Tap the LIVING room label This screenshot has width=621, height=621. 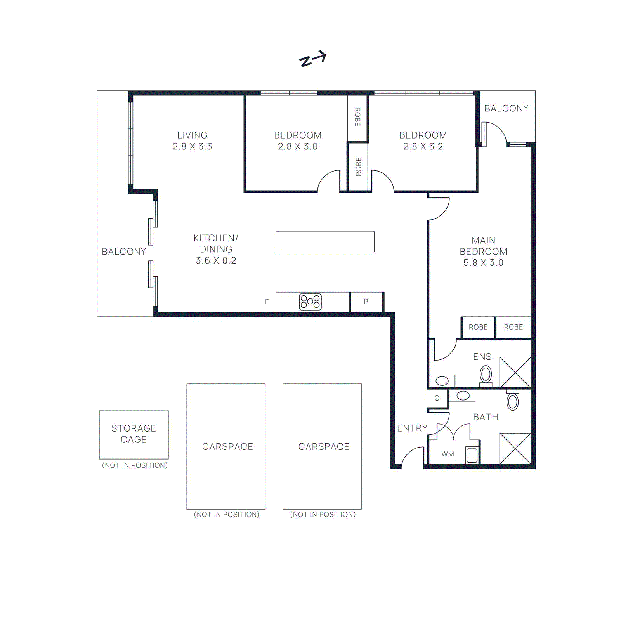[193, 135]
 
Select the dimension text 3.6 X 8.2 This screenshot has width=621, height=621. [216, 260]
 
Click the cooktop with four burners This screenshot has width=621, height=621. [310, 302]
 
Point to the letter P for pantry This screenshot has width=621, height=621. [366, 301]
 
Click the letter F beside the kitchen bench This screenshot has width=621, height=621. [267, 302]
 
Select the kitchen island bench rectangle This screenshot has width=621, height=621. [325, 242]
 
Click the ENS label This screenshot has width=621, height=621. [482, 357]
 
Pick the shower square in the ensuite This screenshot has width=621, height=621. [515, 372]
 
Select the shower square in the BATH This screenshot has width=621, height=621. [515, 448]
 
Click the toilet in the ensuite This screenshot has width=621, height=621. [486, 375]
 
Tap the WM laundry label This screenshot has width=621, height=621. [448, 454]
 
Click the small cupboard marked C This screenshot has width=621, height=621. [437, 398]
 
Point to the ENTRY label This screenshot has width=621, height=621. [412, 428]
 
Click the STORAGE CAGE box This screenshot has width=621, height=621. [134, 434]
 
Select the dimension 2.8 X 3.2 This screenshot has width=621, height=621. [423, 146]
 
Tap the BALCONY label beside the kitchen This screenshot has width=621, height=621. [124, 252]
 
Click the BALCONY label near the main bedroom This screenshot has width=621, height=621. [506, 108]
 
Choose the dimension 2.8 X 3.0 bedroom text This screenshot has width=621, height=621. [298, 146]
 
